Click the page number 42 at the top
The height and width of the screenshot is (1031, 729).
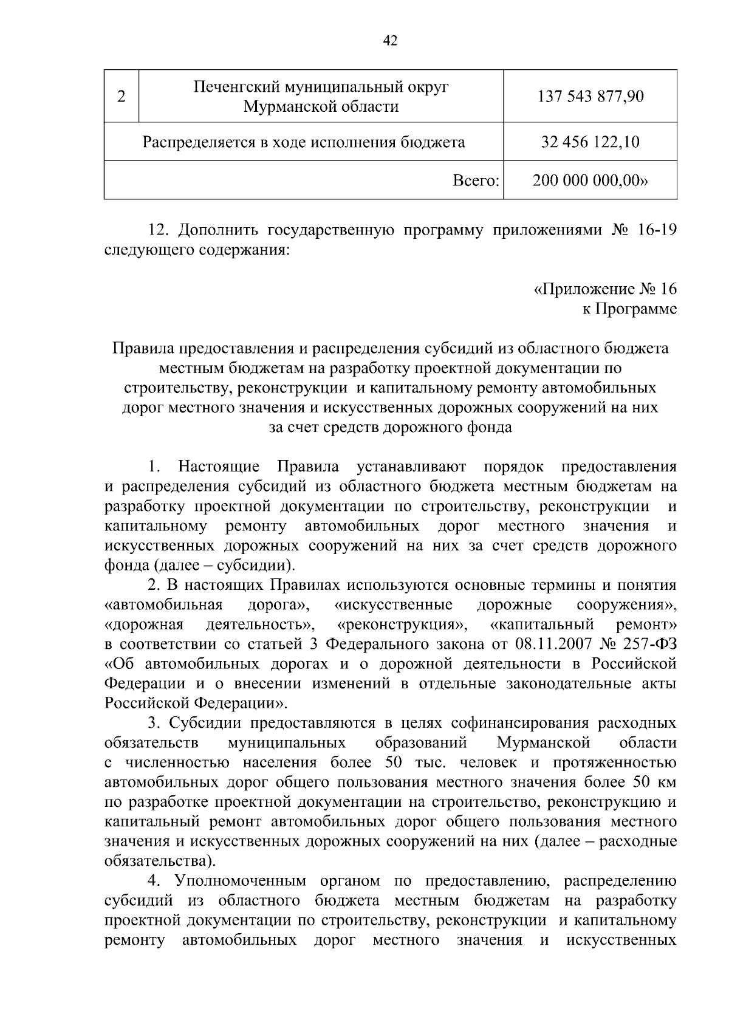click(x=390, y=41)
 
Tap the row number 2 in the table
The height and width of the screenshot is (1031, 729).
click(x=122, y=97)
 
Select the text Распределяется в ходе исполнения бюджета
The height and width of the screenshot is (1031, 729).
click(x=304, y=142)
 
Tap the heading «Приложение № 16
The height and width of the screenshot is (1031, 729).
click(x=605, y=289)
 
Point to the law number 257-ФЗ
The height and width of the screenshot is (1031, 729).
click(x=650, y=644)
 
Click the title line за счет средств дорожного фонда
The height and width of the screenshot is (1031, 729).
click(x=390, y=427)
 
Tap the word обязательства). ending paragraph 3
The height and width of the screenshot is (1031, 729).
click(x=160, y=861)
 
